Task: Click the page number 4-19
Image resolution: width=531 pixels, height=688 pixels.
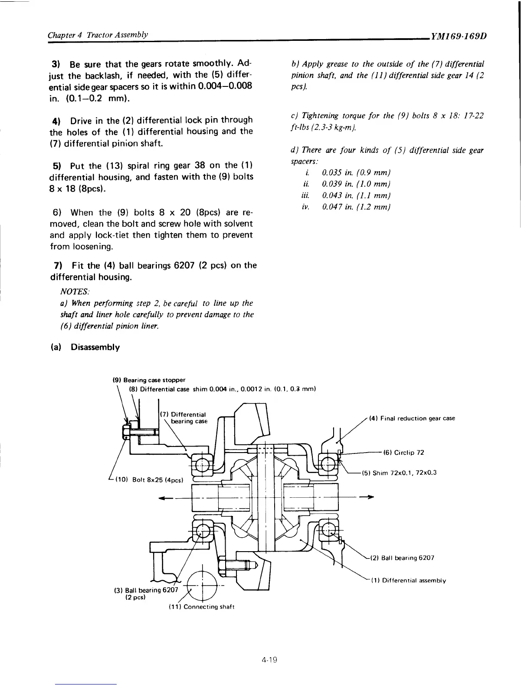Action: tap(269, 660)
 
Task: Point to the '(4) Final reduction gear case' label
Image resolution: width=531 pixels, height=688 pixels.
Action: tap(412, 418)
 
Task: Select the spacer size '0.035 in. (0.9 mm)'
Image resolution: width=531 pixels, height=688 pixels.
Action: tap(350, 173)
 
